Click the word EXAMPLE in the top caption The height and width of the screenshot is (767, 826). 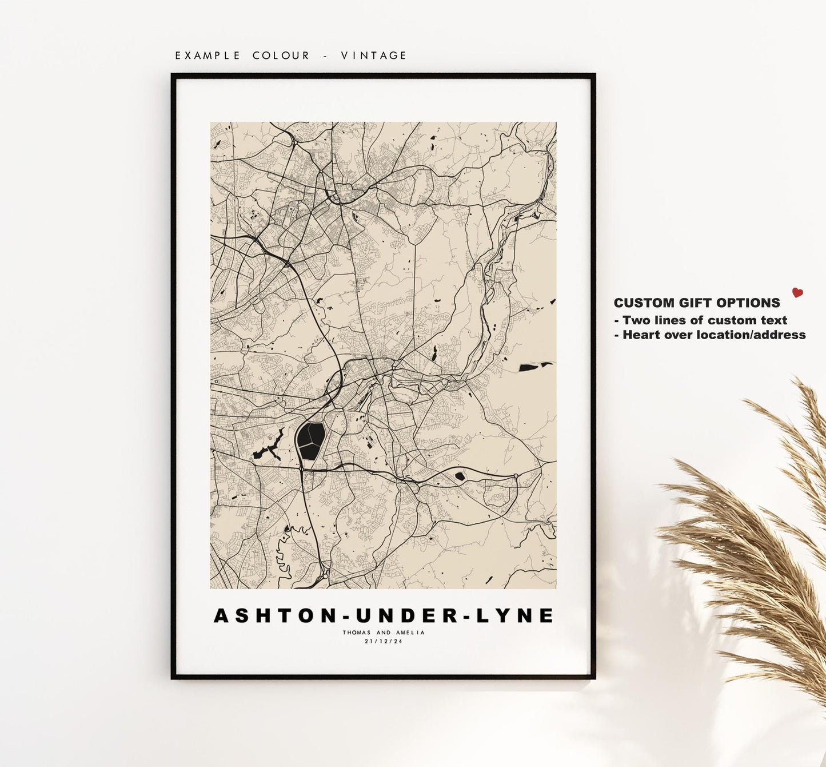coord(208,55)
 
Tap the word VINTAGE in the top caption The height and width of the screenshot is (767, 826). coord(374,55)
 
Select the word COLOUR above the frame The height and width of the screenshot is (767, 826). coord(281,55)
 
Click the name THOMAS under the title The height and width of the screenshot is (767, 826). coord(357,633)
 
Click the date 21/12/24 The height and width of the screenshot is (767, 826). coord(384,641)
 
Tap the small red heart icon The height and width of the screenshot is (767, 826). coord(797,293)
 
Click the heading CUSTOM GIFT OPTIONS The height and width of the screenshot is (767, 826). coord(697,303)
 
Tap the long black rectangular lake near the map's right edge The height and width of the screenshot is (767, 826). coord(534,367)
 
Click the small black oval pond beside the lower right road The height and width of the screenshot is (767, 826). coord(460,475)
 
